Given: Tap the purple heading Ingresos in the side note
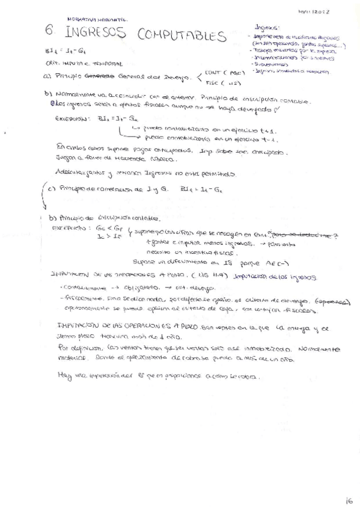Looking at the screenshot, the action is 267,28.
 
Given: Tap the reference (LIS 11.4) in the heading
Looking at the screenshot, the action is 200,275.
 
